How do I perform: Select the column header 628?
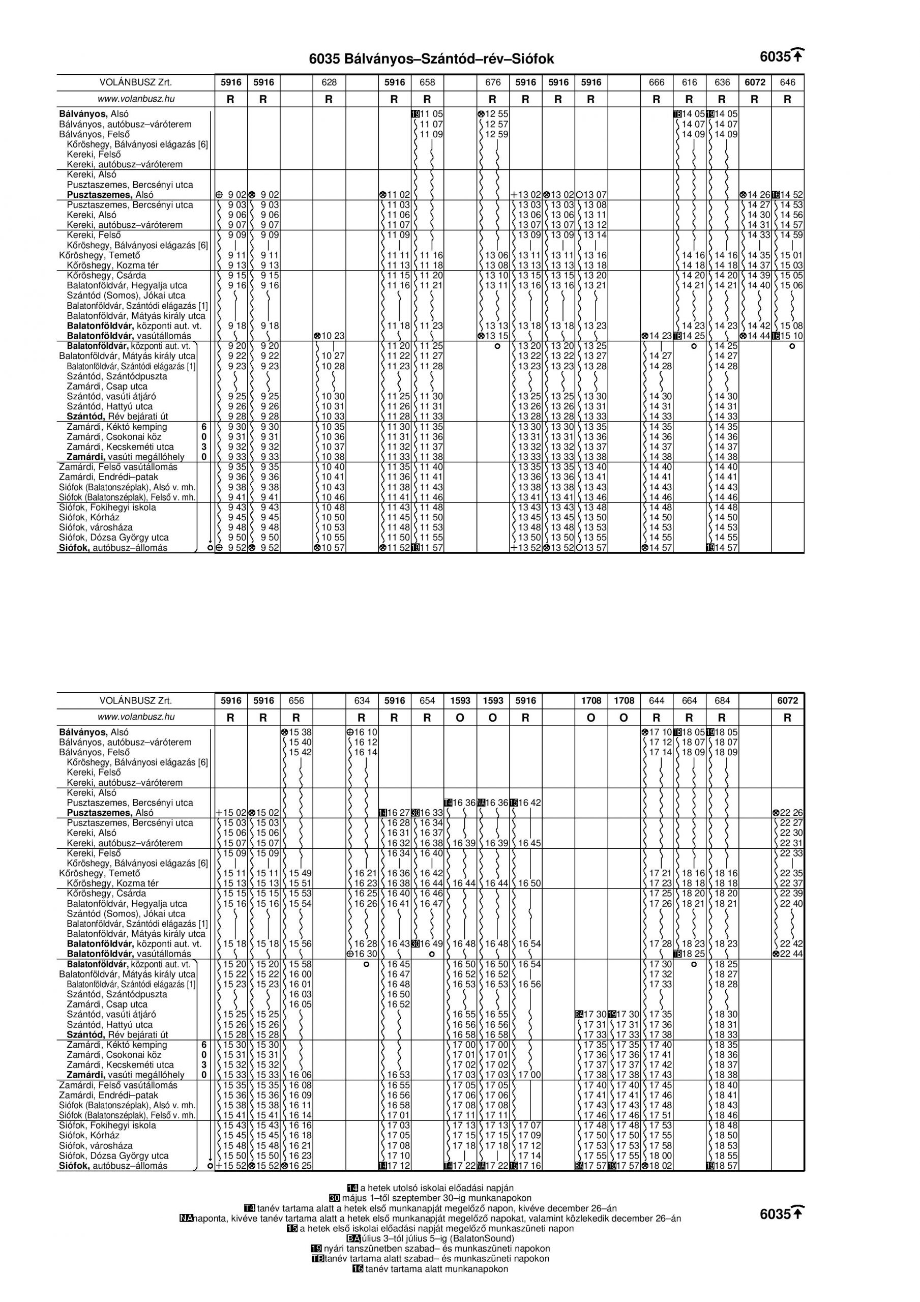329,82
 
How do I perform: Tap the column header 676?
492,82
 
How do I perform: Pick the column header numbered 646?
787,82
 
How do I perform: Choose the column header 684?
722,700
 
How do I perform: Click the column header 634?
362,700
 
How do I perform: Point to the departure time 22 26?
791,813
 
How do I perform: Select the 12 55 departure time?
496,114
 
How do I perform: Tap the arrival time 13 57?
595,548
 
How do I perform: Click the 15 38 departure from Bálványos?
300,732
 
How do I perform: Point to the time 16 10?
365,732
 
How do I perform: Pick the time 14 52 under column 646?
791,194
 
